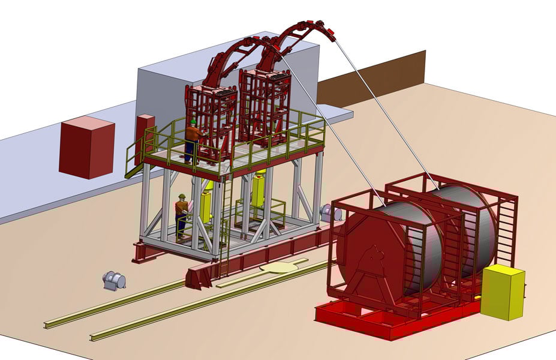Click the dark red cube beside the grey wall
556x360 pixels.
86,147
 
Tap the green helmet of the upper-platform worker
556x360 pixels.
193,122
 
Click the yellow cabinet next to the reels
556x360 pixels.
502,292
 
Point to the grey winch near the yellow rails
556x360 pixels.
113,280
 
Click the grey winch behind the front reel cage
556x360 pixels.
327,211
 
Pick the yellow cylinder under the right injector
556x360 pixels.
259,189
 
